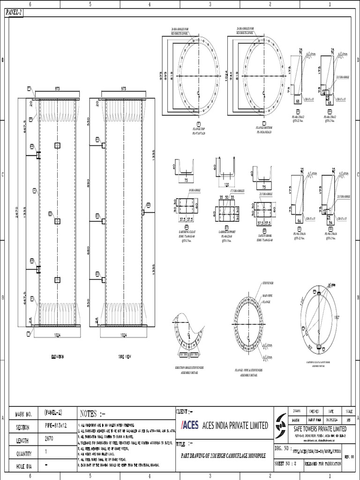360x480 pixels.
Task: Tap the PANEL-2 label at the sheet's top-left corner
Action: [x=14, y=13]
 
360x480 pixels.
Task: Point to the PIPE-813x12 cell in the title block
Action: [x=56, y=427]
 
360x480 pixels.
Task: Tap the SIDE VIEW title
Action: [x=124, y=357]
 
